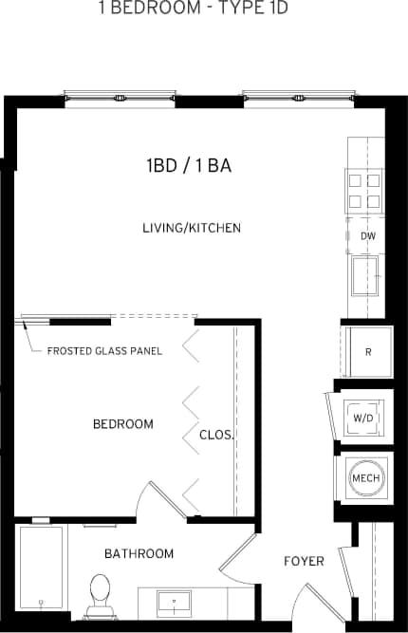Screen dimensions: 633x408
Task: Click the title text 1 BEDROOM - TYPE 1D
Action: coord(206,9)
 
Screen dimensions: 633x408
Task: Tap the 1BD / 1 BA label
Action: coord(190,166)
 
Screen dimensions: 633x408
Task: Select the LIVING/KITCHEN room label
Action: coord(192,228)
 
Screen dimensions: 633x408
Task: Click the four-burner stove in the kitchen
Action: coord(365,190)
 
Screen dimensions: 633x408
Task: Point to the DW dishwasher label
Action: coord(367,236)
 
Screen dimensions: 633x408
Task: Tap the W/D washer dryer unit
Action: coord(364,416)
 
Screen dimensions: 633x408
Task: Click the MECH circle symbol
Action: coord(366,477)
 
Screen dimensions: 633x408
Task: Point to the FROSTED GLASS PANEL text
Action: coord(104,351)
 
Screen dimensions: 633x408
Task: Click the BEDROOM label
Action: coord(122,423)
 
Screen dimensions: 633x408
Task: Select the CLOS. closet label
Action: coord(216,435)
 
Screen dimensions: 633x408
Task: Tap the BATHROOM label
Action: coord(139,553)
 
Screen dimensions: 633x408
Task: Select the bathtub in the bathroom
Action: coord(41,567)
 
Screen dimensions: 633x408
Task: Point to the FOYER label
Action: coord(304,561)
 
